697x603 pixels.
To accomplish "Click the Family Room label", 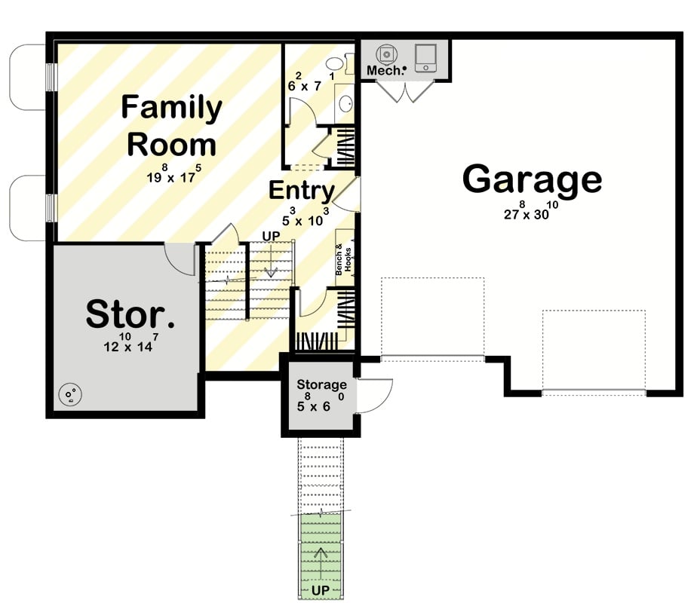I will (x=172, y=125).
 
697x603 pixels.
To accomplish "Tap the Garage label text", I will (x=532, y=179).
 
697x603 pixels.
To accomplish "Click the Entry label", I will (x=302, y=191).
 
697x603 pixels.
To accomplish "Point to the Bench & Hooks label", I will (x=343, y=259).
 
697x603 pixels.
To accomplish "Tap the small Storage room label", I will (x=321, y=385).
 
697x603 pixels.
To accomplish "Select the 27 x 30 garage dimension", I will (x=531, y=212).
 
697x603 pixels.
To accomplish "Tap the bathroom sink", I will (x=345, y=104).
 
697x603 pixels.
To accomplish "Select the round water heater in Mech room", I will (x=387, y=53).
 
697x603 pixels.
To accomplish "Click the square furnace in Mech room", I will (x=425, y=56).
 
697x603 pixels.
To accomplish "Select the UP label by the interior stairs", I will (x=271, y=236).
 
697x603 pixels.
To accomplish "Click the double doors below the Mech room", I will (x=405, y=92).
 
